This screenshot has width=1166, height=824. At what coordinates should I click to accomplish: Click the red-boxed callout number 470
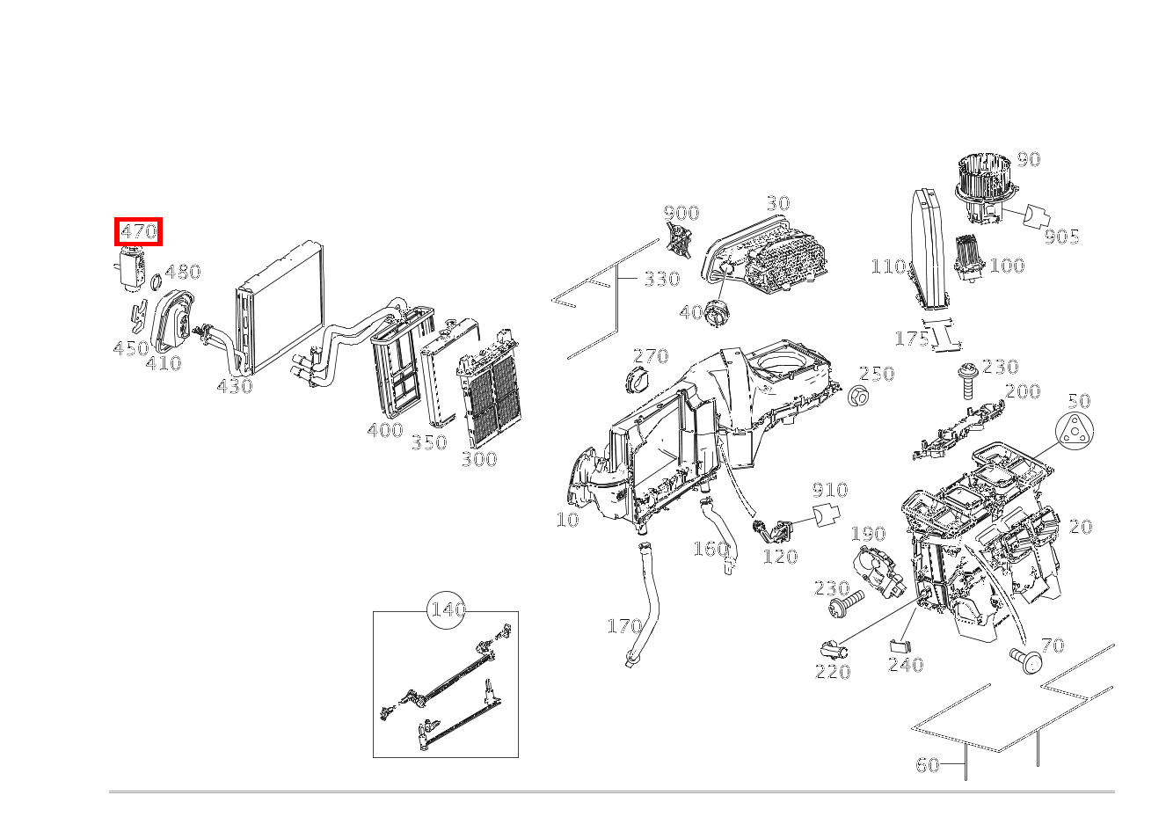(x=139, y=232)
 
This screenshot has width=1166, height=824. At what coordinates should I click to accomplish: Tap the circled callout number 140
(x=447, y=609)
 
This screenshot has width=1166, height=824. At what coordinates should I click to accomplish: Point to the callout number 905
(x=1061, y=237)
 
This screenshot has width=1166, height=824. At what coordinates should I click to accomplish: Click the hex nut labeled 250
(x=859, y=397)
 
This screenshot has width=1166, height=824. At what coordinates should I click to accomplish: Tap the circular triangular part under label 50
(x=1075, y=434)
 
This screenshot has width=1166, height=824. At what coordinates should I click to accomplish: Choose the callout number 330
(x=661, y=280)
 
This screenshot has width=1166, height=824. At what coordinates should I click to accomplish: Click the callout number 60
(x=928, y=765)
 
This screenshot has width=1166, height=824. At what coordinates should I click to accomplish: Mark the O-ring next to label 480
(x=155, y=282)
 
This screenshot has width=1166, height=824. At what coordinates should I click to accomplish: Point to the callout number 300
(x=478, y=459)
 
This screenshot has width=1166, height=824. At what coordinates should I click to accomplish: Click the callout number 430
(x=234, y=386)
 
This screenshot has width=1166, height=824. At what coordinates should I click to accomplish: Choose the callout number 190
(x=868, y=535)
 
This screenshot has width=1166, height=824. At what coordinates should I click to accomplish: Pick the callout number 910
(x=829, y=490)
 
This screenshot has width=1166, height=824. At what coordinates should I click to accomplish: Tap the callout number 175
(x=911, y=339)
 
